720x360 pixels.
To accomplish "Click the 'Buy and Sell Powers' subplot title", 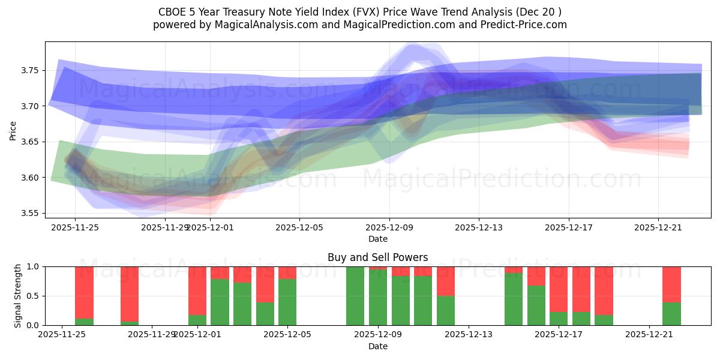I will click(x=377, y=257).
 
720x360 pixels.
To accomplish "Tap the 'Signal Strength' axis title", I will click(x=18, y=296).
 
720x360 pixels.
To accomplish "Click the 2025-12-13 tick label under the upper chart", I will click(x=479, y=227).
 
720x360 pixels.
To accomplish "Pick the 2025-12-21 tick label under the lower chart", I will click(x=650, y=334).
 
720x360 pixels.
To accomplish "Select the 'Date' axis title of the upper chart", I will click(x=377, y=239).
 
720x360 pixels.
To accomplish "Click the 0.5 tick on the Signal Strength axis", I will click(x=33, y=296).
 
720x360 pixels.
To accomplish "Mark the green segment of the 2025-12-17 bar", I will click(x=559, y=319).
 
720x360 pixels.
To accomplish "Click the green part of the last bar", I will click(x=671, y=314).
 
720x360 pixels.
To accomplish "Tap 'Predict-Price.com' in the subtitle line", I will click(x=526, y=25).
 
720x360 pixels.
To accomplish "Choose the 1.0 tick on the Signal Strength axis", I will click(x=33, y=266).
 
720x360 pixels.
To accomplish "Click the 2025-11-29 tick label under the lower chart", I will click(x=152, y=334).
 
